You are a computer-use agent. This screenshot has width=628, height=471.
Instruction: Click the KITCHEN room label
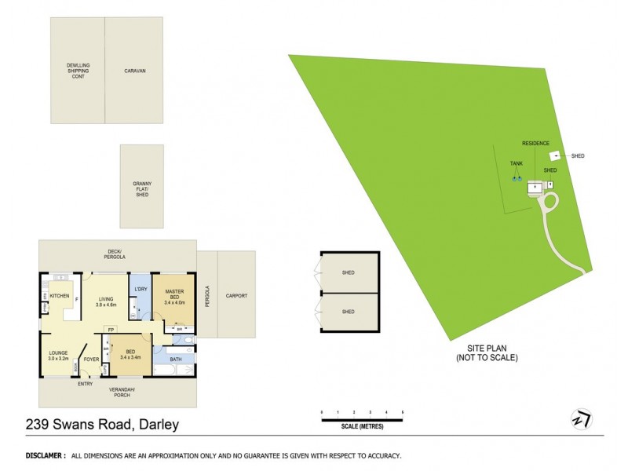coord(60,296)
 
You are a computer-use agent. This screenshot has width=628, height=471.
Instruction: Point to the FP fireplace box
coord(111,329)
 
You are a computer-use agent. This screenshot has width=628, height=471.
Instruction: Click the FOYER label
coord(91,360)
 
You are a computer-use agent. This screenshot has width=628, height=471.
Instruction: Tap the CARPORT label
coord(236,296)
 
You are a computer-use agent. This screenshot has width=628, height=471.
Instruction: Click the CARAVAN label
coord(135,71)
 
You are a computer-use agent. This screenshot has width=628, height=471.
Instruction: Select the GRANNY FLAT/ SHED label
coord(141,189)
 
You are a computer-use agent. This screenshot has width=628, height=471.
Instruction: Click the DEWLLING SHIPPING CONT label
coord(78,71)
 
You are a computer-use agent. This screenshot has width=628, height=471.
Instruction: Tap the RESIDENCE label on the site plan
coord(535,144)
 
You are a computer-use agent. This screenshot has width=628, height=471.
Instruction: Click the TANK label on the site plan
coord(516,163)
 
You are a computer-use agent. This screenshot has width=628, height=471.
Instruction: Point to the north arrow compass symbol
coord(582,418)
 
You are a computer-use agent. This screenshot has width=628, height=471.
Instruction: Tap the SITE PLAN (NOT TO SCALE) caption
coord(487,352)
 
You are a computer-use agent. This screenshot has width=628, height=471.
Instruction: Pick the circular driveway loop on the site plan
coord(549,203)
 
